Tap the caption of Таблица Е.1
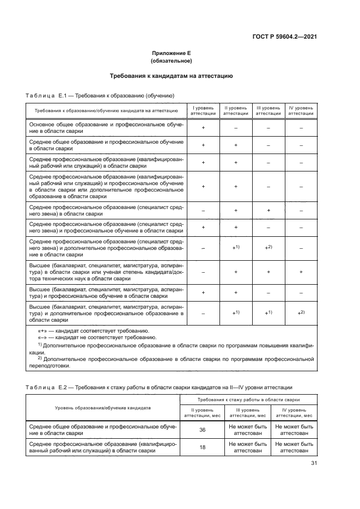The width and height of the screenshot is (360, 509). point(100,95)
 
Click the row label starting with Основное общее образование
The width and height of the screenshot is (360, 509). point(106,128)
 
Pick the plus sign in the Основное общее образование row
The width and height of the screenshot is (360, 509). point(203,128)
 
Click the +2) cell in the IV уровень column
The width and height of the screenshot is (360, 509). point(301,313)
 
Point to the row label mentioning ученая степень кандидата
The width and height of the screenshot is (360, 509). point(106,271)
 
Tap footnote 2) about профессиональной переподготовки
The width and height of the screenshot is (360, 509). point(171,362)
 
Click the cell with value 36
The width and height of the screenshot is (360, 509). point(203,430)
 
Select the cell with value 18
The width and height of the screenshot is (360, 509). point(203,447)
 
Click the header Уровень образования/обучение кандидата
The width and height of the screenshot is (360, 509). point(103,407)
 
